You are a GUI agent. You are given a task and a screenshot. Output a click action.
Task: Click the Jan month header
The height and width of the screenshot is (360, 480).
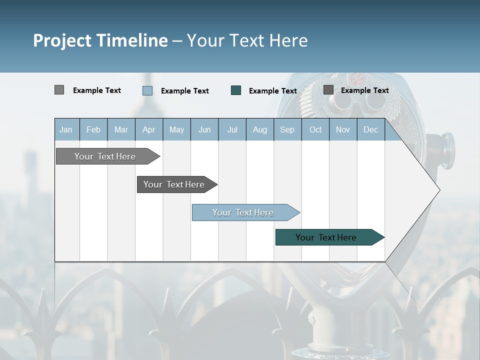[66, 129]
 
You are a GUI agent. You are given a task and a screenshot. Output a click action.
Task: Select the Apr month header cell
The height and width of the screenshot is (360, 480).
[149, 129]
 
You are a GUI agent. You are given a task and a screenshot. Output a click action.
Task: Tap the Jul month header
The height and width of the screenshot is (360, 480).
[232, 129]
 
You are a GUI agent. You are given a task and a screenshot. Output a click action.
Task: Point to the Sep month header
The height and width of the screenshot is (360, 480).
[287, 129]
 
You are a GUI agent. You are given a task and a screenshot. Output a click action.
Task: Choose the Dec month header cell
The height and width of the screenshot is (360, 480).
[370, 129]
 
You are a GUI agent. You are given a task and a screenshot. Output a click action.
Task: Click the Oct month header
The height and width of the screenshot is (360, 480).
[315, 129]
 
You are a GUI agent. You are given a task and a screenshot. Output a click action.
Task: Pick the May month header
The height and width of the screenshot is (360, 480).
[176, 129]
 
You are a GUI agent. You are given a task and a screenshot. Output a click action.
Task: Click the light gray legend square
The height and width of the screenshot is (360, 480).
[59, 90]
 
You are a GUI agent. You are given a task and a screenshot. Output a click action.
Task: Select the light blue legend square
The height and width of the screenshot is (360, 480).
[147, 90]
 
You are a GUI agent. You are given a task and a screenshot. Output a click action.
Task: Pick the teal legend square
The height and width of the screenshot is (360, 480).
[236, 90]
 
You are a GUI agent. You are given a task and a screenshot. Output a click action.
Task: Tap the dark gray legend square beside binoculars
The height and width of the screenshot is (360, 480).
[328, 90]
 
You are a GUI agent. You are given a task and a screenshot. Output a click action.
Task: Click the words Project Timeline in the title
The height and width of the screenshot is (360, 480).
[100, 40]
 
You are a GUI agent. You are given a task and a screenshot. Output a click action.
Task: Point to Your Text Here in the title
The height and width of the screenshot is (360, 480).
[247, 40]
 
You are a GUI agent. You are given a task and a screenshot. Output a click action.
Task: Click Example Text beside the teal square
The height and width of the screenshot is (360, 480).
[272, 91]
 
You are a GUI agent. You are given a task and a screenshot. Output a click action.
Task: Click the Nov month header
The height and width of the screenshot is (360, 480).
[343, 129]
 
